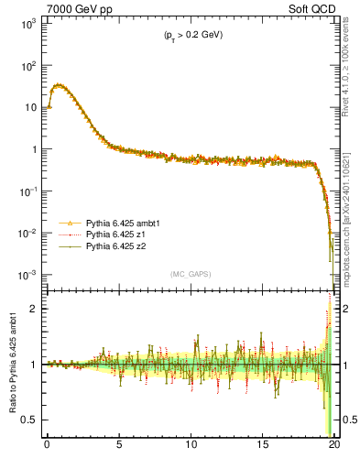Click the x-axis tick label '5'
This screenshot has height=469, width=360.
point(119,445)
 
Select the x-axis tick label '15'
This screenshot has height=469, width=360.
point(263,445)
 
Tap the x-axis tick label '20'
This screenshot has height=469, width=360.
point(334,445)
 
